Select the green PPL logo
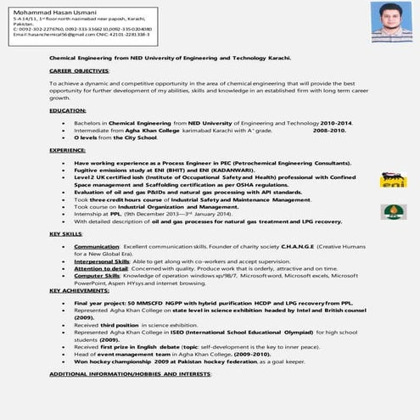[393, 211]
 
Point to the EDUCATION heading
[68, 111]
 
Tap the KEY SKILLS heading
[66, 233]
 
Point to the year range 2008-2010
[330, 131]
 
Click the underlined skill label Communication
[97, 245]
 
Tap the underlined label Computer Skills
[97, 276]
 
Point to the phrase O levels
[88, 137]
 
